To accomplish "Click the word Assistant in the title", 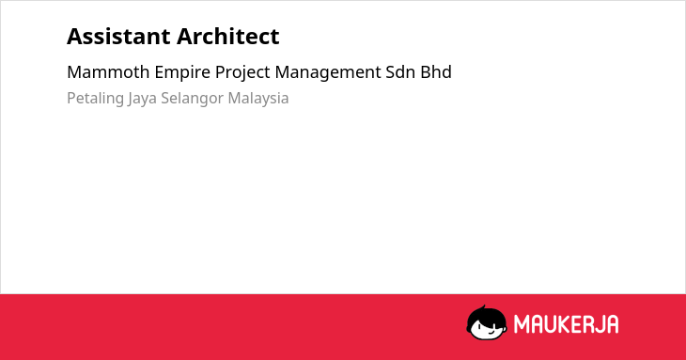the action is [119, 37].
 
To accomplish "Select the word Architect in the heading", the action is [228, 37].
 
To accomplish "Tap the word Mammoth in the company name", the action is [108, 72].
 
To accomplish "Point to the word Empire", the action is [182, 73].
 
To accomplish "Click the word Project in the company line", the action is [242, 73].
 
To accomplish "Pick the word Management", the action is [328, 73].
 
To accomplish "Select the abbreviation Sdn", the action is [400, 72].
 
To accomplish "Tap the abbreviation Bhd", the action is [436, 72].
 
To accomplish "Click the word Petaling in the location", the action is [95, 99].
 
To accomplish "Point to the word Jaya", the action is [142, 99].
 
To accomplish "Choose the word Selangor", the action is [192, 99].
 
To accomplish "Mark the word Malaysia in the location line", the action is [258, 99].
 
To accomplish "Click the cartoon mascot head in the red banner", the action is [487, 323].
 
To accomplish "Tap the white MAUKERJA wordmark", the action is [566, 324].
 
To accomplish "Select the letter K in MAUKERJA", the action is [559, 324].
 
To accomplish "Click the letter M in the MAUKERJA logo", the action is [521, 324].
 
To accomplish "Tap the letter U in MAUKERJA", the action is [546, 324].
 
